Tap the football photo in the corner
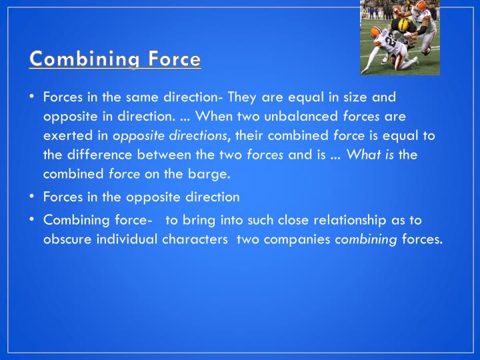tap(399, 37)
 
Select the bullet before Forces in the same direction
tap(32, 97)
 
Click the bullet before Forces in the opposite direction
tap(32, 197)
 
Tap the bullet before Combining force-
tap(32, 219)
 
